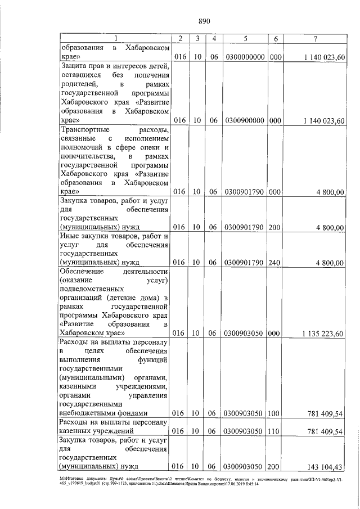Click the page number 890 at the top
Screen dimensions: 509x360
click(204, 22)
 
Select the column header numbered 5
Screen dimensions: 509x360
click(245, 38)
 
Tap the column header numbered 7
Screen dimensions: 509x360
click(317, 38)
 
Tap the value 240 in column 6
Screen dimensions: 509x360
click(276, 262)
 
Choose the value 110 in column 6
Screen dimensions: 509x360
click(276, 432)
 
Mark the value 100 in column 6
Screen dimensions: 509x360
click(276, 413)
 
